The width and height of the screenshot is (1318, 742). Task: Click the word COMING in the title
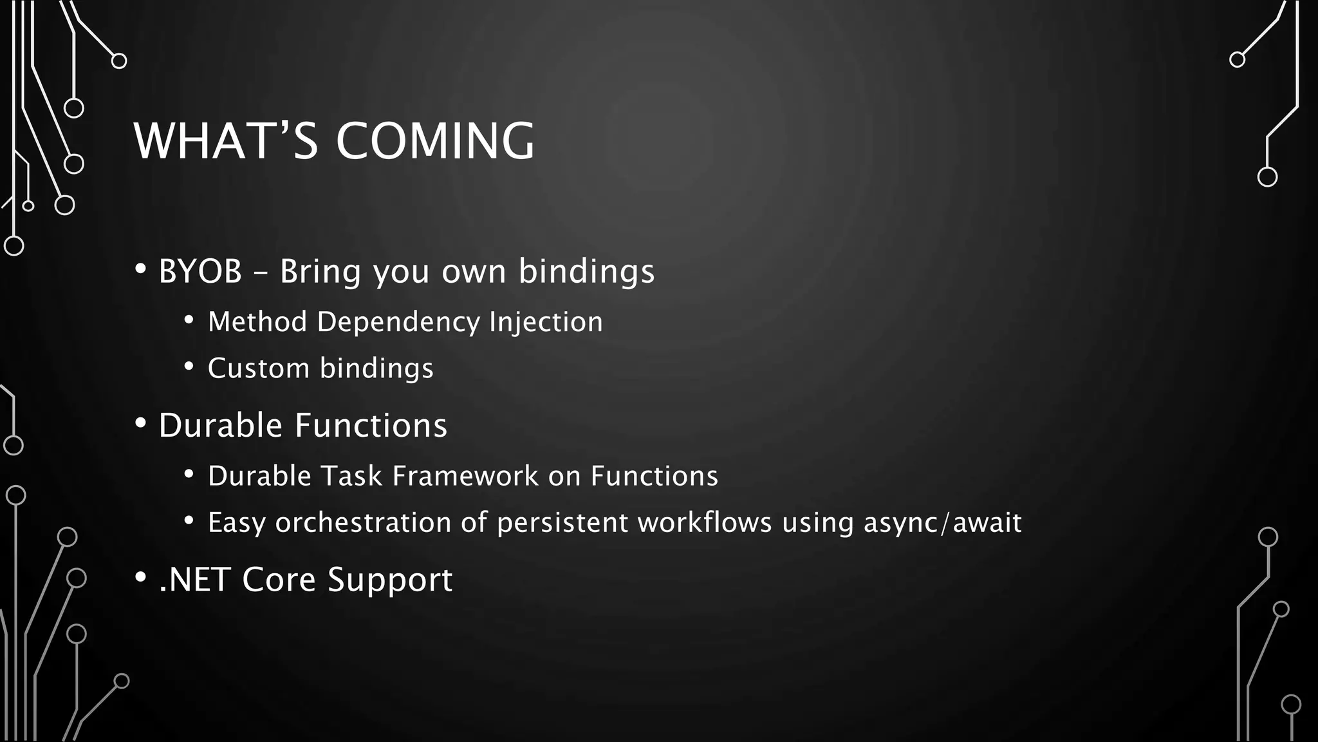point(435,141)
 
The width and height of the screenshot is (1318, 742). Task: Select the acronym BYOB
point(200,271)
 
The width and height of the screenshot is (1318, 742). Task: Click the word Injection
point(546,322)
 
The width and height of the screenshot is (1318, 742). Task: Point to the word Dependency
point(398,322)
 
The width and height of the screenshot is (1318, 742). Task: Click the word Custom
point(259,368)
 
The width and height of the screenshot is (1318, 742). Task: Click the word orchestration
point(363,522)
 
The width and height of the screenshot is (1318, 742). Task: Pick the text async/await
point(942,522)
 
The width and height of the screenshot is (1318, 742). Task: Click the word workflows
point(705,522)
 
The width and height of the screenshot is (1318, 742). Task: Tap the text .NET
point(194,580)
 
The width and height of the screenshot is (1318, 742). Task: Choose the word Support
point(390,580)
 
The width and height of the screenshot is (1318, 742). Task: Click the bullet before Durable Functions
point(140,424)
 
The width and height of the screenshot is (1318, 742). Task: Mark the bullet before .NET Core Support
point(140,578)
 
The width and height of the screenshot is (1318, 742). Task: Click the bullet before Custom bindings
point(189,367)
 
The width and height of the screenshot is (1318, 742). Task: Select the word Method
point(257,322)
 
